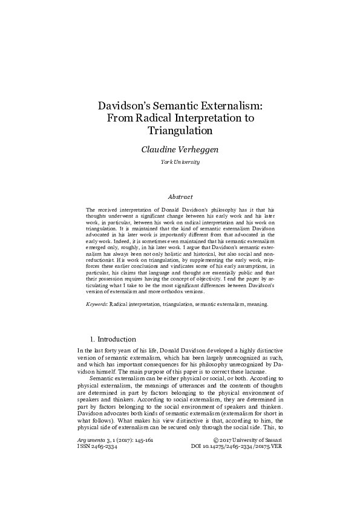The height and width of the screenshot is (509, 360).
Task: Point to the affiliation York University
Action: pos(180,163)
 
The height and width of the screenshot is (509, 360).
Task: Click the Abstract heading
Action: pos(180,196)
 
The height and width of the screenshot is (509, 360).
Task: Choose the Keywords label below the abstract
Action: pos(97,304)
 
